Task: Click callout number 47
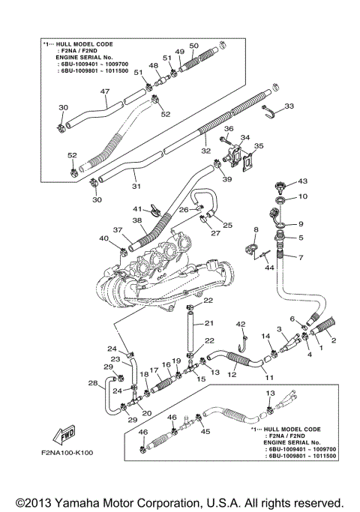[105, 92]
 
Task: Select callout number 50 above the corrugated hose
[194, 46]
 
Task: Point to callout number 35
[259, 146]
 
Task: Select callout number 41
[137, 209]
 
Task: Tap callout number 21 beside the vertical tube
[209, 323]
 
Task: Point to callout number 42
[241, 324]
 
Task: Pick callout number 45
[205, 431]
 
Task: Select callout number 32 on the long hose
[205, 151]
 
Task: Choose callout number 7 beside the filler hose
[301, 257]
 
